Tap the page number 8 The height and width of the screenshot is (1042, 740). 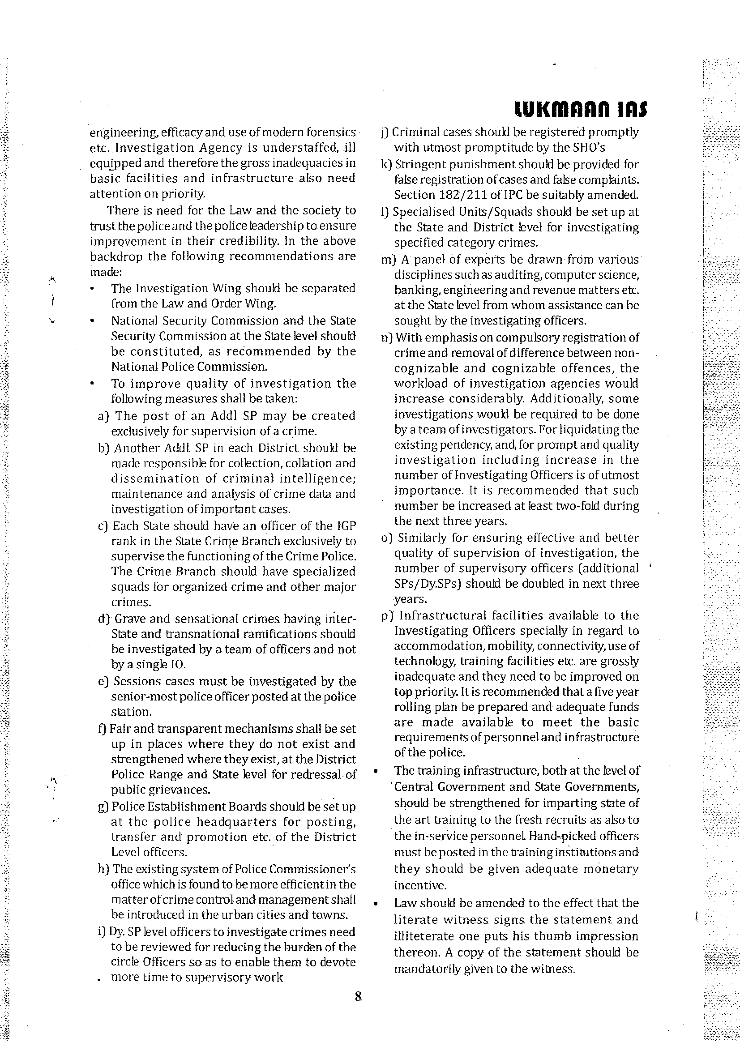[x=358, y=997]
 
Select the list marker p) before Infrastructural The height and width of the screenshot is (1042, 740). [x=387, y=616]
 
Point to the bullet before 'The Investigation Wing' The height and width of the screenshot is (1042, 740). [x=93, y=289]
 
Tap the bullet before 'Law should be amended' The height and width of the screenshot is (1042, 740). [x=376, y=904]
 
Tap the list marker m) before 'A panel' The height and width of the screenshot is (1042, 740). [x=387, y=260]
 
